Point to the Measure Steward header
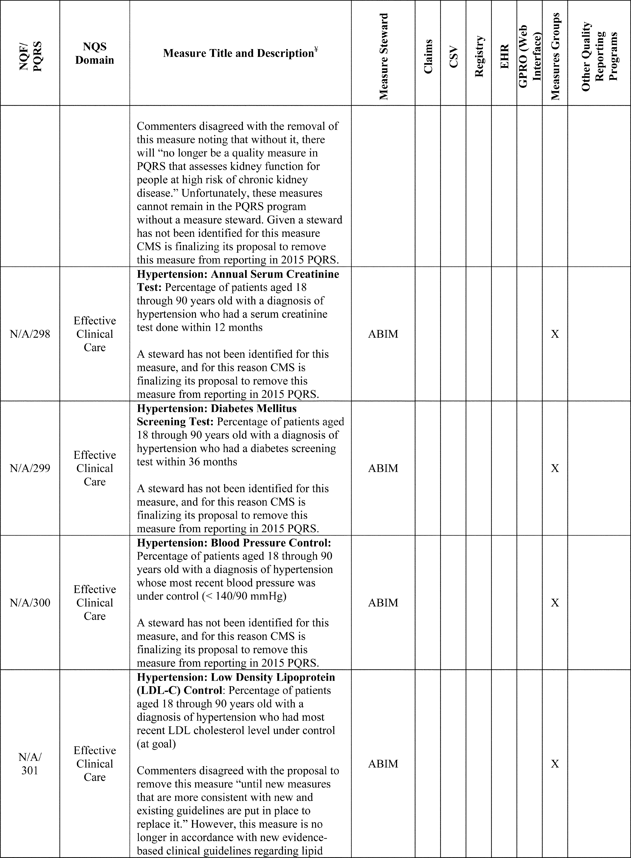[384, 57]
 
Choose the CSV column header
[453, 57]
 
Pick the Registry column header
[479, 57]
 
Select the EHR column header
[504, 57]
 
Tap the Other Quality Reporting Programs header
[599, 57]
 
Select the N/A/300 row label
[30, 603]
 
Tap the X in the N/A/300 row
[555, 603]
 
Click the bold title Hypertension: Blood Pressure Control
[234, 543]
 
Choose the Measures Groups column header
[555, 57]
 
